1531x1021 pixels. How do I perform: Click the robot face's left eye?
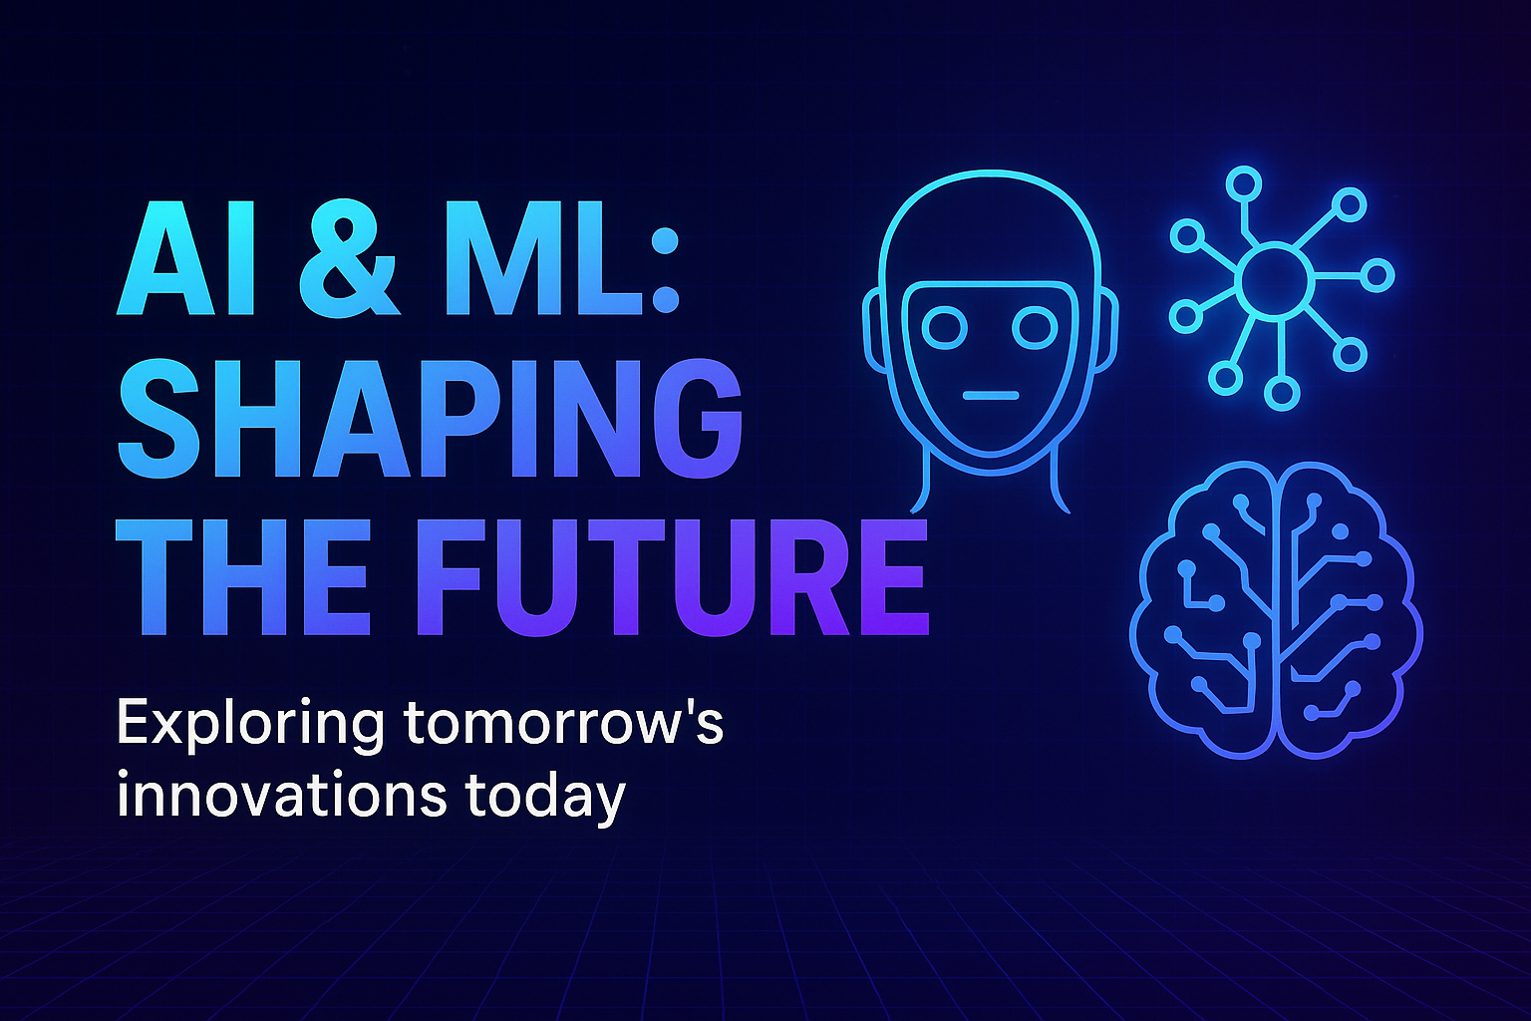[x=945, y=326]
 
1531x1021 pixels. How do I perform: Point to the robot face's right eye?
[x=1034, y=326]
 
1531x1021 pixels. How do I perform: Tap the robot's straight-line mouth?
[x=990, y=396]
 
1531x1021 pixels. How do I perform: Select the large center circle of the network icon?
[x=1273, y=281]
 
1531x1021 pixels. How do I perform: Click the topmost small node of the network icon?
[x=1243, y=183]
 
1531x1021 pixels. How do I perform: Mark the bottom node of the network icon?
[x=1282, y=392]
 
